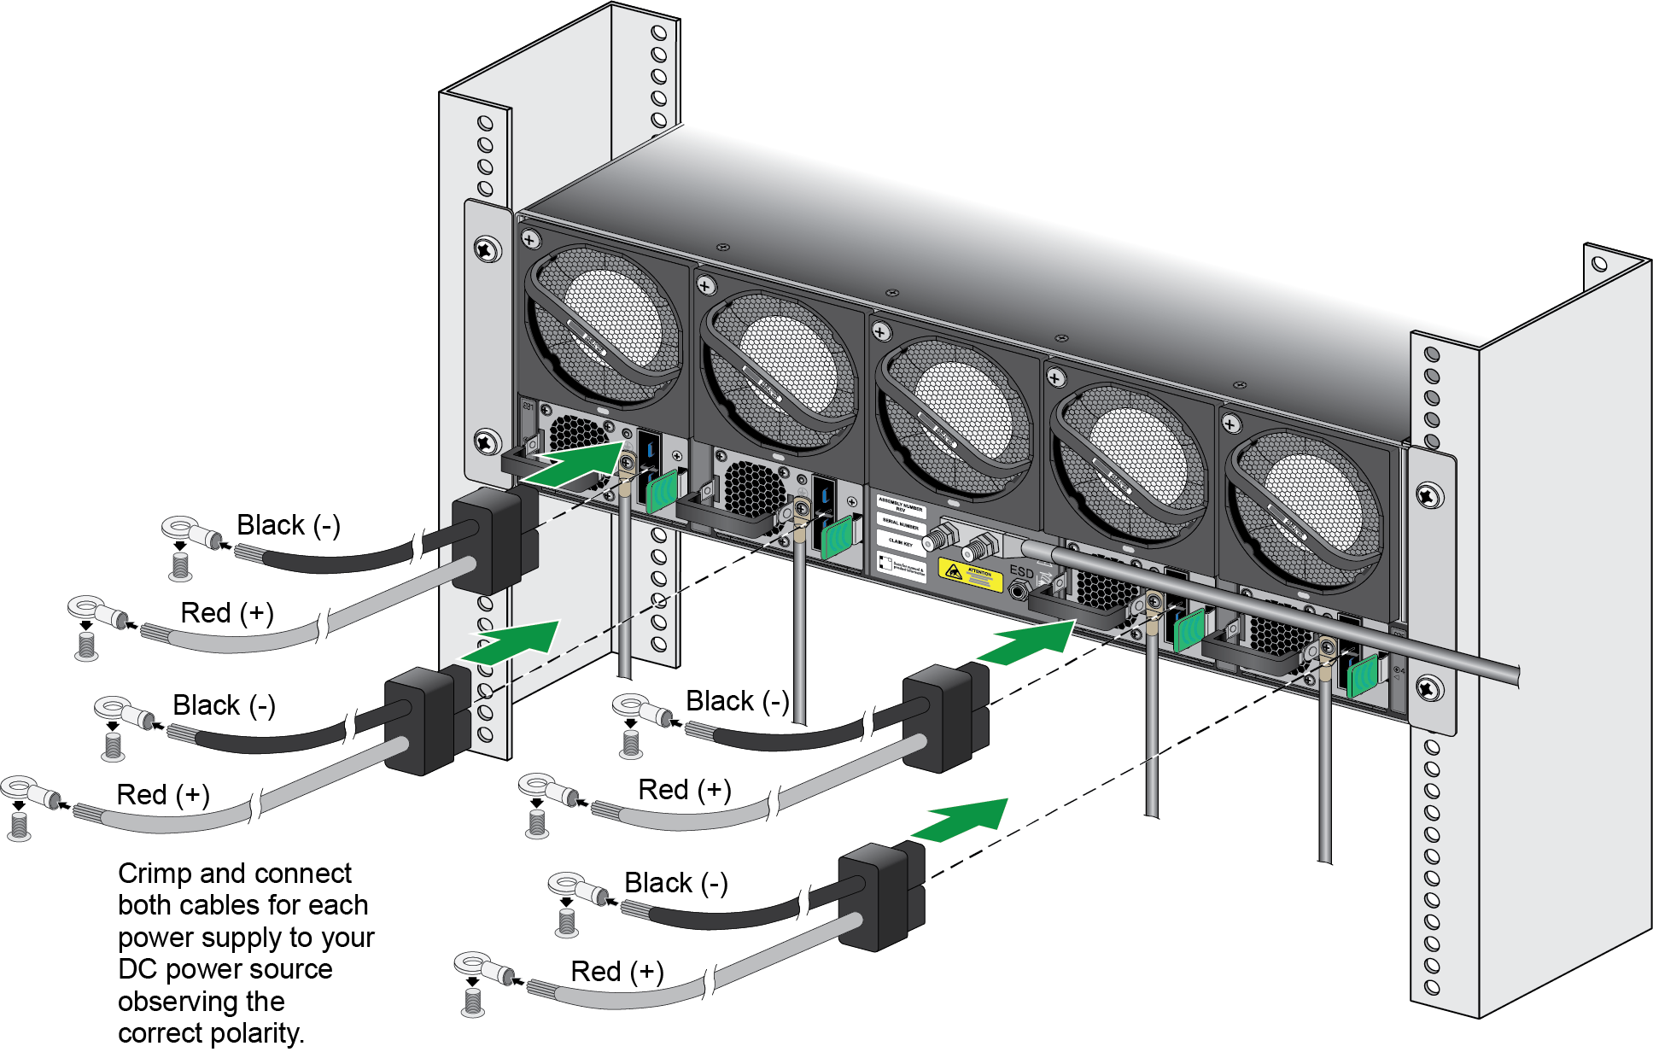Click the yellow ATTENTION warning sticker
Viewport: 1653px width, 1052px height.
(x=970, y=575)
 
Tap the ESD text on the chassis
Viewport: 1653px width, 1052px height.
(x=1021, y=571)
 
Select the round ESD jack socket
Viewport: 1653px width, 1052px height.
(x=1018, y=590)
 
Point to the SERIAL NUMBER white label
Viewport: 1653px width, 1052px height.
(x=902, y=524)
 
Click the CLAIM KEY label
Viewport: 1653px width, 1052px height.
(x=901, y=542)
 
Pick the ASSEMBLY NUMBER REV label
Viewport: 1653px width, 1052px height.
(x=902, y=506)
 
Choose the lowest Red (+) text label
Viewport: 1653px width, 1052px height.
(x=616, y=972)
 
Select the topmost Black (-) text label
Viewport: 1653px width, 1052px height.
(x=288, y=525)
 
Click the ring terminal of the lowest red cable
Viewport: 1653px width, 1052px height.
(x=471, y=965)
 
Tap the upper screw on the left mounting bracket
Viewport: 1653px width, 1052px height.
(x=488, y=250)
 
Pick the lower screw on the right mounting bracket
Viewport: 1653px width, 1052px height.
(x=1428, y=687)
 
